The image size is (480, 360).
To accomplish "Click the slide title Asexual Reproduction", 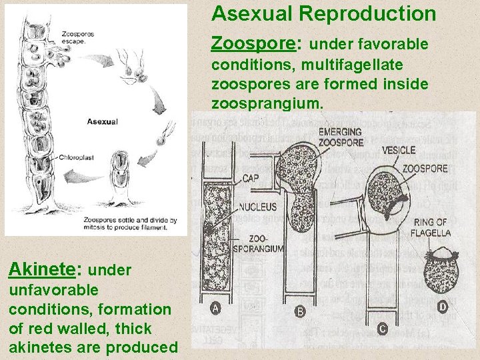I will coord(324,13).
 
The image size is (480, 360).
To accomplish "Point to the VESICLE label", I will coord(399,151).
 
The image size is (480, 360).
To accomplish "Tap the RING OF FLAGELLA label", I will coord(432,228).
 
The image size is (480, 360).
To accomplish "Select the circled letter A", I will coord(215,308).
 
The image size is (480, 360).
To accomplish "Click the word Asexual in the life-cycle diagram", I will coord(102,121).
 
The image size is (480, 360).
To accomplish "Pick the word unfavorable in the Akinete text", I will coord(54,291).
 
